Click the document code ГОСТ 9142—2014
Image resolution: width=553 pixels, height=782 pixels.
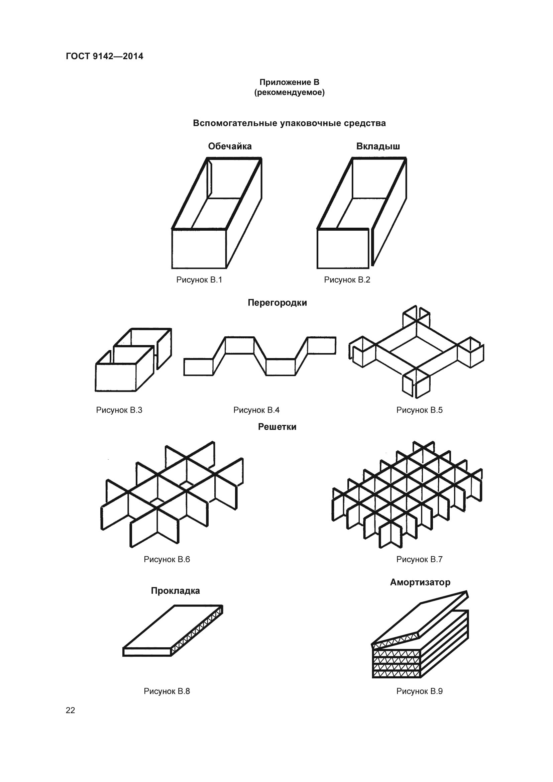click(105, 56)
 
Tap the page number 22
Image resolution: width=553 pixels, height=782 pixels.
click(71, 710)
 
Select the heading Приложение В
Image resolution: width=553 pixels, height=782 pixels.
click(290, 82)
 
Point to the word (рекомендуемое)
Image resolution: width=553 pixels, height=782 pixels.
click(290, 92)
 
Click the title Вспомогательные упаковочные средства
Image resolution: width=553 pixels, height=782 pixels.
click(290, 123)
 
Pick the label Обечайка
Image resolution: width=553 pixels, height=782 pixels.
click(230, 146)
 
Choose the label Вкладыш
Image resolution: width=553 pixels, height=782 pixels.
click(378, 146)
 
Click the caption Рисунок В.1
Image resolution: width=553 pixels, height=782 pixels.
click(199, 280)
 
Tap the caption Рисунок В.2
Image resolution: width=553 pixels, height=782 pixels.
click(347, 280)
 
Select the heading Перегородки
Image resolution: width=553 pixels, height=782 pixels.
click(277, 303)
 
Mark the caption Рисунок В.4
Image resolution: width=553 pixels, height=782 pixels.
click(256, 410)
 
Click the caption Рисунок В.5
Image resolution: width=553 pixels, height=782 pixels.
click(420, 410)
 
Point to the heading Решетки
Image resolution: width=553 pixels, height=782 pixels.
click(277, 427)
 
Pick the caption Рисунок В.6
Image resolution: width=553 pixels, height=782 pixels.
click(167, 559)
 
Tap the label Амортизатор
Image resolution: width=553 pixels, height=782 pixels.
click(420, 582)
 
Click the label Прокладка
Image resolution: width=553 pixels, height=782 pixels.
click(176, 590)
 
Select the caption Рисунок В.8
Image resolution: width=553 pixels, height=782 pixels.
click(167, 691)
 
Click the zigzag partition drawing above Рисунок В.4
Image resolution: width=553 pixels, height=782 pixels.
click(260, 356)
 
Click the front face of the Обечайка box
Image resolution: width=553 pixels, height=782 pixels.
click(199, 249)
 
